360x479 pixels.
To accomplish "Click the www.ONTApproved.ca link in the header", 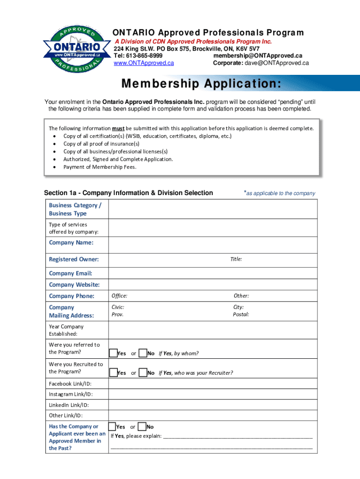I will pyautogui.click(x=144, y=63).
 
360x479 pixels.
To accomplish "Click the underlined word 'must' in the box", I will pyautogui.click(x=117, y=129).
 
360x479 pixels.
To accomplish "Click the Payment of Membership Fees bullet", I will pyautogui.click(x=100, y=167).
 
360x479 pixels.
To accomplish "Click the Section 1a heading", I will pyautogui.click(x=129, y=193).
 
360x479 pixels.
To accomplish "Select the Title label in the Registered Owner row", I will pyautogui.click(x=236, y=259).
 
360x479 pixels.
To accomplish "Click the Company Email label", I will pyautogui.click(x=70, y=273).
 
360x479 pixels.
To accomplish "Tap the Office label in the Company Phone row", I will pyautogui.click(x=119, y=296).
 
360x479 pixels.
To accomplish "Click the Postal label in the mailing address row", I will pyautogui.click(x=241, y=314).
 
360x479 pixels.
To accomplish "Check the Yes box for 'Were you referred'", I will pyautogui.click(x=113, y=353).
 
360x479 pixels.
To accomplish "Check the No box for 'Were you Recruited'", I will pyautogui.click(x=143, y=373).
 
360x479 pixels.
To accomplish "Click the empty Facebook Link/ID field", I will pyautogui.click(x=213, y=383).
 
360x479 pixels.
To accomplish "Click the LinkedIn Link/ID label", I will pyautogui.click(x=69, y=405).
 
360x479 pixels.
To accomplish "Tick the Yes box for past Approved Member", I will pyautogui.click(x=112, y=427).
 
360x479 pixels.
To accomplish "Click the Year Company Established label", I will pyautogui.click(x=66, y=330).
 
